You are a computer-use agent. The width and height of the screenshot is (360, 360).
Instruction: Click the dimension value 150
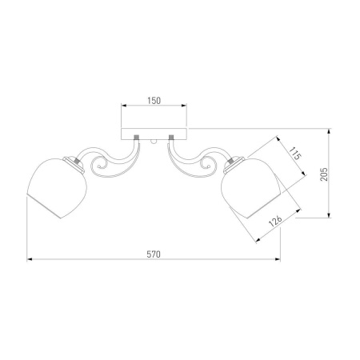click(154, 101)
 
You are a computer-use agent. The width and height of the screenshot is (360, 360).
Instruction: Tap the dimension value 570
click(154, 254)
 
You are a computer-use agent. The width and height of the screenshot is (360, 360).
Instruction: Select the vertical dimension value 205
click(324, 174)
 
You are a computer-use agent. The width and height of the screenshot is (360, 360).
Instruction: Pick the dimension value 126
click(275, 221)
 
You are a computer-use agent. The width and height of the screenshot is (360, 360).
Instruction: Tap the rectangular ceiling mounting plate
click(154, 134)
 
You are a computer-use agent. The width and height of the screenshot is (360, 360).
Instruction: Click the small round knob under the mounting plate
click(154, 142)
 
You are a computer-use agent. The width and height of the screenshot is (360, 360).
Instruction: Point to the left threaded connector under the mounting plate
click(136, 138)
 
